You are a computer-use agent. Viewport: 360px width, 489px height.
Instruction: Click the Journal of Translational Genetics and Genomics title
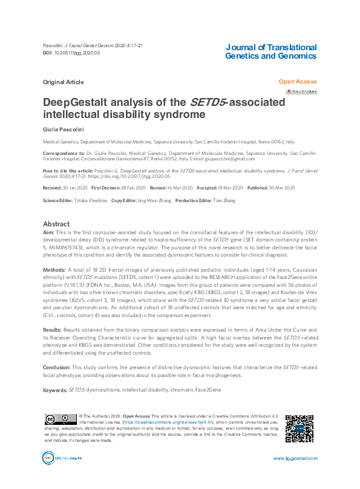pyautogui.click(x=270, y=51)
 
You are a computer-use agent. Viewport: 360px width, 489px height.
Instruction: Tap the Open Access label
pyautogui.click(x=298, y=81)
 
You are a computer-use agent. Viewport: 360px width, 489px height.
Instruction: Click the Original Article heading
pyautogui.click(x=63, y=81)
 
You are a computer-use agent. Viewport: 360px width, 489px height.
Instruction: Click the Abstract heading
pyautogui.click(x=56, y=223)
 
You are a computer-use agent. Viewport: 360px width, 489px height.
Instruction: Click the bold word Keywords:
pyautogui.click(x=56, y=390)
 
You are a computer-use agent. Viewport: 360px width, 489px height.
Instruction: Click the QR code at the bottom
pyautogui.click(x=299, y=429)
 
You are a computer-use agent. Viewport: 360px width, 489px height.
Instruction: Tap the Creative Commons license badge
pyautogui.click(x=60, y=419)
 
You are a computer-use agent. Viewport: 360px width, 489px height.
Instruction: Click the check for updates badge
pyautogui.click(x=301, y=91)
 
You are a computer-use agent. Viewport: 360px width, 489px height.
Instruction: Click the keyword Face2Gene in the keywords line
pyautogui.click(x=208, y=390)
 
